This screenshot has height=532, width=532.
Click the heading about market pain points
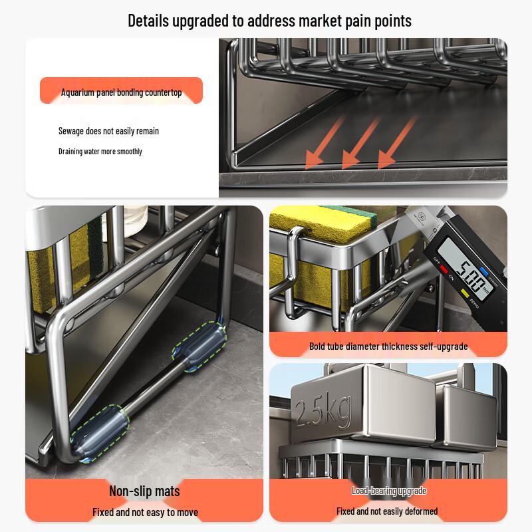coord(269,21)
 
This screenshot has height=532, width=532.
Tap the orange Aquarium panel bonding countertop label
coord(121,92)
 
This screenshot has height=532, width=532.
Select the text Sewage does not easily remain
coord(108,131)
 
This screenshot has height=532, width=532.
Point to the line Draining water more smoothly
coord(100,152)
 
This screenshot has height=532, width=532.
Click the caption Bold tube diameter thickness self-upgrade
coord(388,346)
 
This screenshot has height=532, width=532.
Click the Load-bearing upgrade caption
coord(388,491)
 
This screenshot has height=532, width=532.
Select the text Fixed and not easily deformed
coord(387,511)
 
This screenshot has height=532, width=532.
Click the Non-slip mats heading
coord(144,491)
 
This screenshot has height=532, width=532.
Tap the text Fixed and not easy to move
coord(144,512)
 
